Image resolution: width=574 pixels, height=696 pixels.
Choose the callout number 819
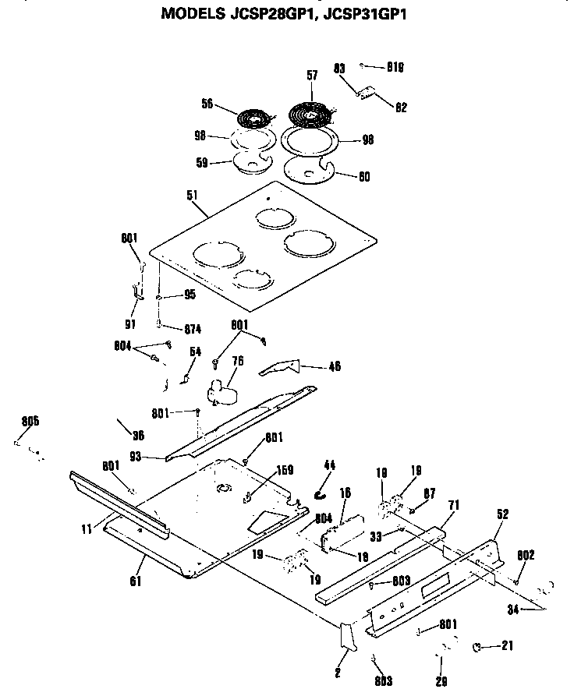click(x=398, y=67)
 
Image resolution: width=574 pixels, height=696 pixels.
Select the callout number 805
click(x=30, y=422)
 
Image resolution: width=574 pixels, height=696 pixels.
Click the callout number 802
click(x=526, y=555)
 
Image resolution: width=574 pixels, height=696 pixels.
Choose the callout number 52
click(x=502, y=514)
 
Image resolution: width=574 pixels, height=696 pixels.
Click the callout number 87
click(x=430, y=494)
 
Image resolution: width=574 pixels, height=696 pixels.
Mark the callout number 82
click(x=402, y=108)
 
